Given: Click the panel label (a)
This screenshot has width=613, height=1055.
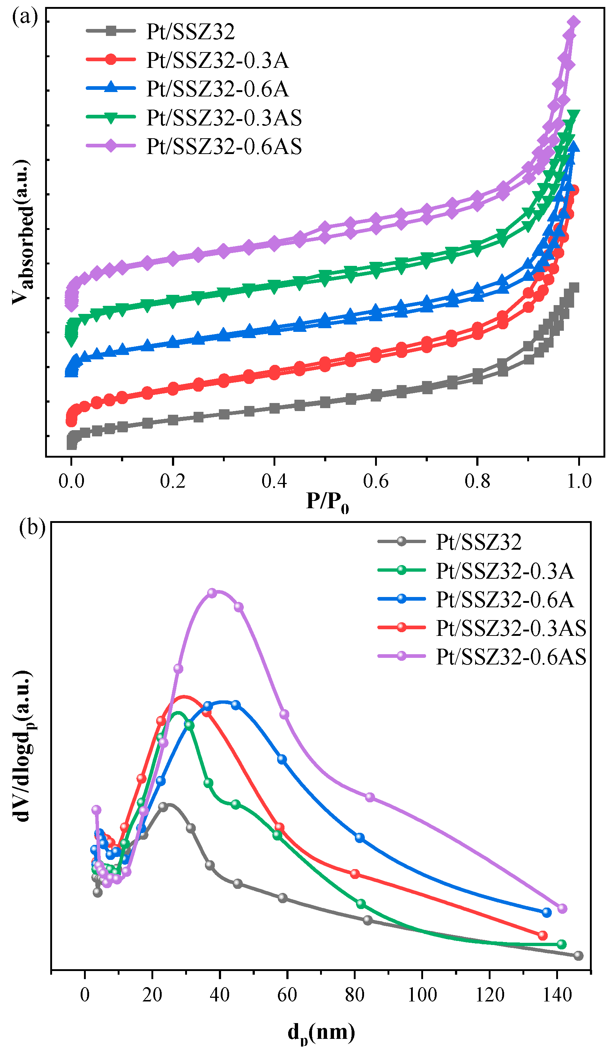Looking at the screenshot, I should pyautogui.click(x=25, y=18).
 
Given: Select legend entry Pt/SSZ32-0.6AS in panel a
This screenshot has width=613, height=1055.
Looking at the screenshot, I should pyautogui.click(x=224, y=147).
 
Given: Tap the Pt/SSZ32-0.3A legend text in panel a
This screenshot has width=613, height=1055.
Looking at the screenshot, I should pyautogui.click(x=217, y=60).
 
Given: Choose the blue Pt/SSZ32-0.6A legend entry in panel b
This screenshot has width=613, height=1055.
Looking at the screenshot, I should pyautogui.click(x=504, y=600).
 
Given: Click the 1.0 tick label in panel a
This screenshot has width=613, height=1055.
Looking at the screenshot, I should pyautogui.click(x=579, y=481).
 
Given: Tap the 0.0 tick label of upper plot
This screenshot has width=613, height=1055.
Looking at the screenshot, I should pyautogui.click(x=71, y=481).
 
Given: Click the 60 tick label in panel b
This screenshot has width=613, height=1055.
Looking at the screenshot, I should pyautogui.click(x=287, y=995).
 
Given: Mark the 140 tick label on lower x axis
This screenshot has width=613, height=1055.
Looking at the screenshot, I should pyautogui.click(x=557, y=995).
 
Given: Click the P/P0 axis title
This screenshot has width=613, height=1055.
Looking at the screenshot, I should pyautogui.click(x=327, y=502).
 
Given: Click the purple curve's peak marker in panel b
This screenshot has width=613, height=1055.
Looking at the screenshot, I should pyautogui.click(x=212, y=593).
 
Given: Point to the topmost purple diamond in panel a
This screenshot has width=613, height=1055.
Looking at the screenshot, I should pyautogui.click(x=573, y=23).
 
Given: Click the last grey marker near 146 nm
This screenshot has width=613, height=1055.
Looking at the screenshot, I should pyautogui.click(x=578, y=956).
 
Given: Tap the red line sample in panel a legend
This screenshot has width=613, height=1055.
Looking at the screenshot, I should pyautogui.click(x=111, y=59).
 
